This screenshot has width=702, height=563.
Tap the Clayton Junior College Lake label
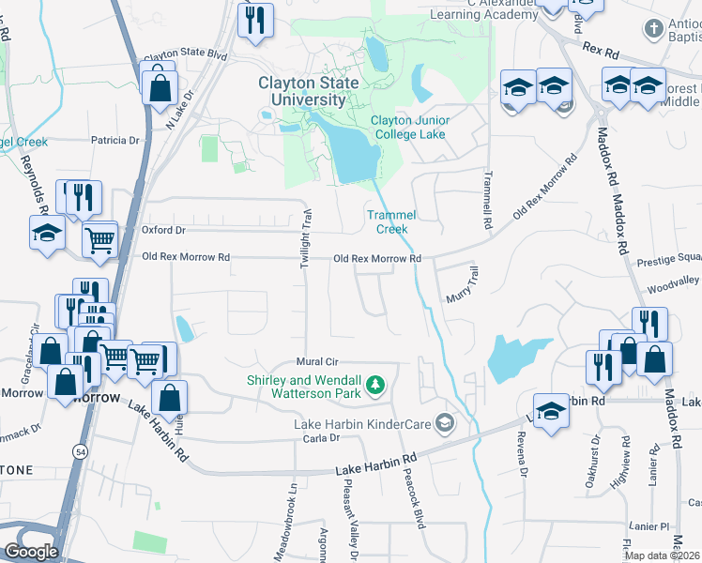(409, 127)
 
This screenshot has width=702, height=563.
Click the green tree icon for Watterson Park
(376, 384)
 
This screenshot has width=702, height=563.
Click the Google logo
(31, 551)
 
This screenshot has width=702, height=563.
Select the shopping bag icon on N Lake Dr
(160, 88)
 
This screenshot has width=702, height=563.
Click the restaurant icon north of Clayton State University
(254, 21)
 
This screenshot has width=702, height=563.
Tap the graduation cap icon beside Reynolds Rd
(45, 235)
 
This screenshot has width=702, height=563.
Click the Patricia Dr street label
(114, 141)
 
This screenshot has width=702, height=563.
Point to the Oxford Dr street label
(163, 230)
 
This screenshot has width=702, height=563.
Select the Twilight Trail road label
(306, 241)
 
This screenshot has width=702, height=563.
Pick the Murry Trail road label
(466, 281)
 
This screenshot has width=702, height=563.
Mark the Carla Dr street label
(320, 438)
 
